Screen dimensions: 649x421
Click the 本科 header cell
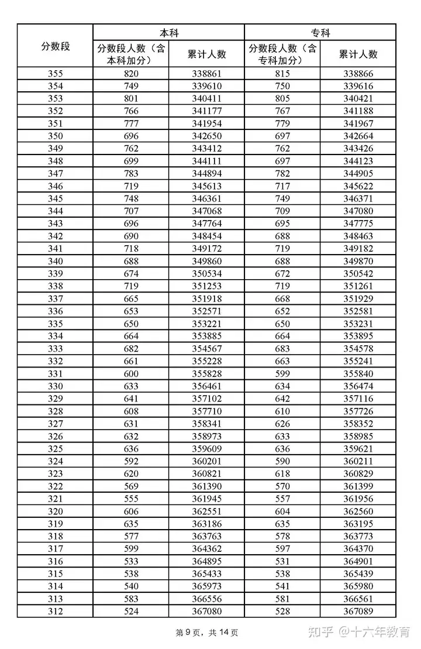(x=168, y=33)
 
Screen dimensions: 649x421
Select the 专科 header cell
(x=320, y=33)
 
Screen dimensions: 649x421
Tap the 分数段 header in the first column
(x=56, y=46)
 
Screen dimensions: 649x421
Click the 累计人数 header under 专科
(x=358, y=54)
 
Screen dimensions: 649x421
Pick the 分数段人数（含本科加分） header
(x=131, y=54)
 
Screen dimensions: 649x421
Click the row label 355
(x=56, y=74)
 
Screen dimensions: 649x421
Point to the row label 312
(x=56, y=612)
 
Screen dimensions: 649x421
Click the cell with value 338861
(x=207, y=74)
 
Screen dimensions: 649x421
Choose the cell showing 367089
(x=358, y=612)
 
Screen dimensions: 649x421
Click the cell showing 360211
(x=358, y=462)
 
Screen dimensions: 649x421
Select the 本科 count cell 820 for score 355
(x=131, y=74)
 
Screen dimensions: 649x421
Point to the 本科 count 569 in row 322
(x=131, y=486)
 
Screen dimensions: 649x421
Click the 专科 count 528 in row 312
(x=282, y=612)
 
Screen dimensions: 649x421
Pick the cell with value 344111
(x=207, y=161)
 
